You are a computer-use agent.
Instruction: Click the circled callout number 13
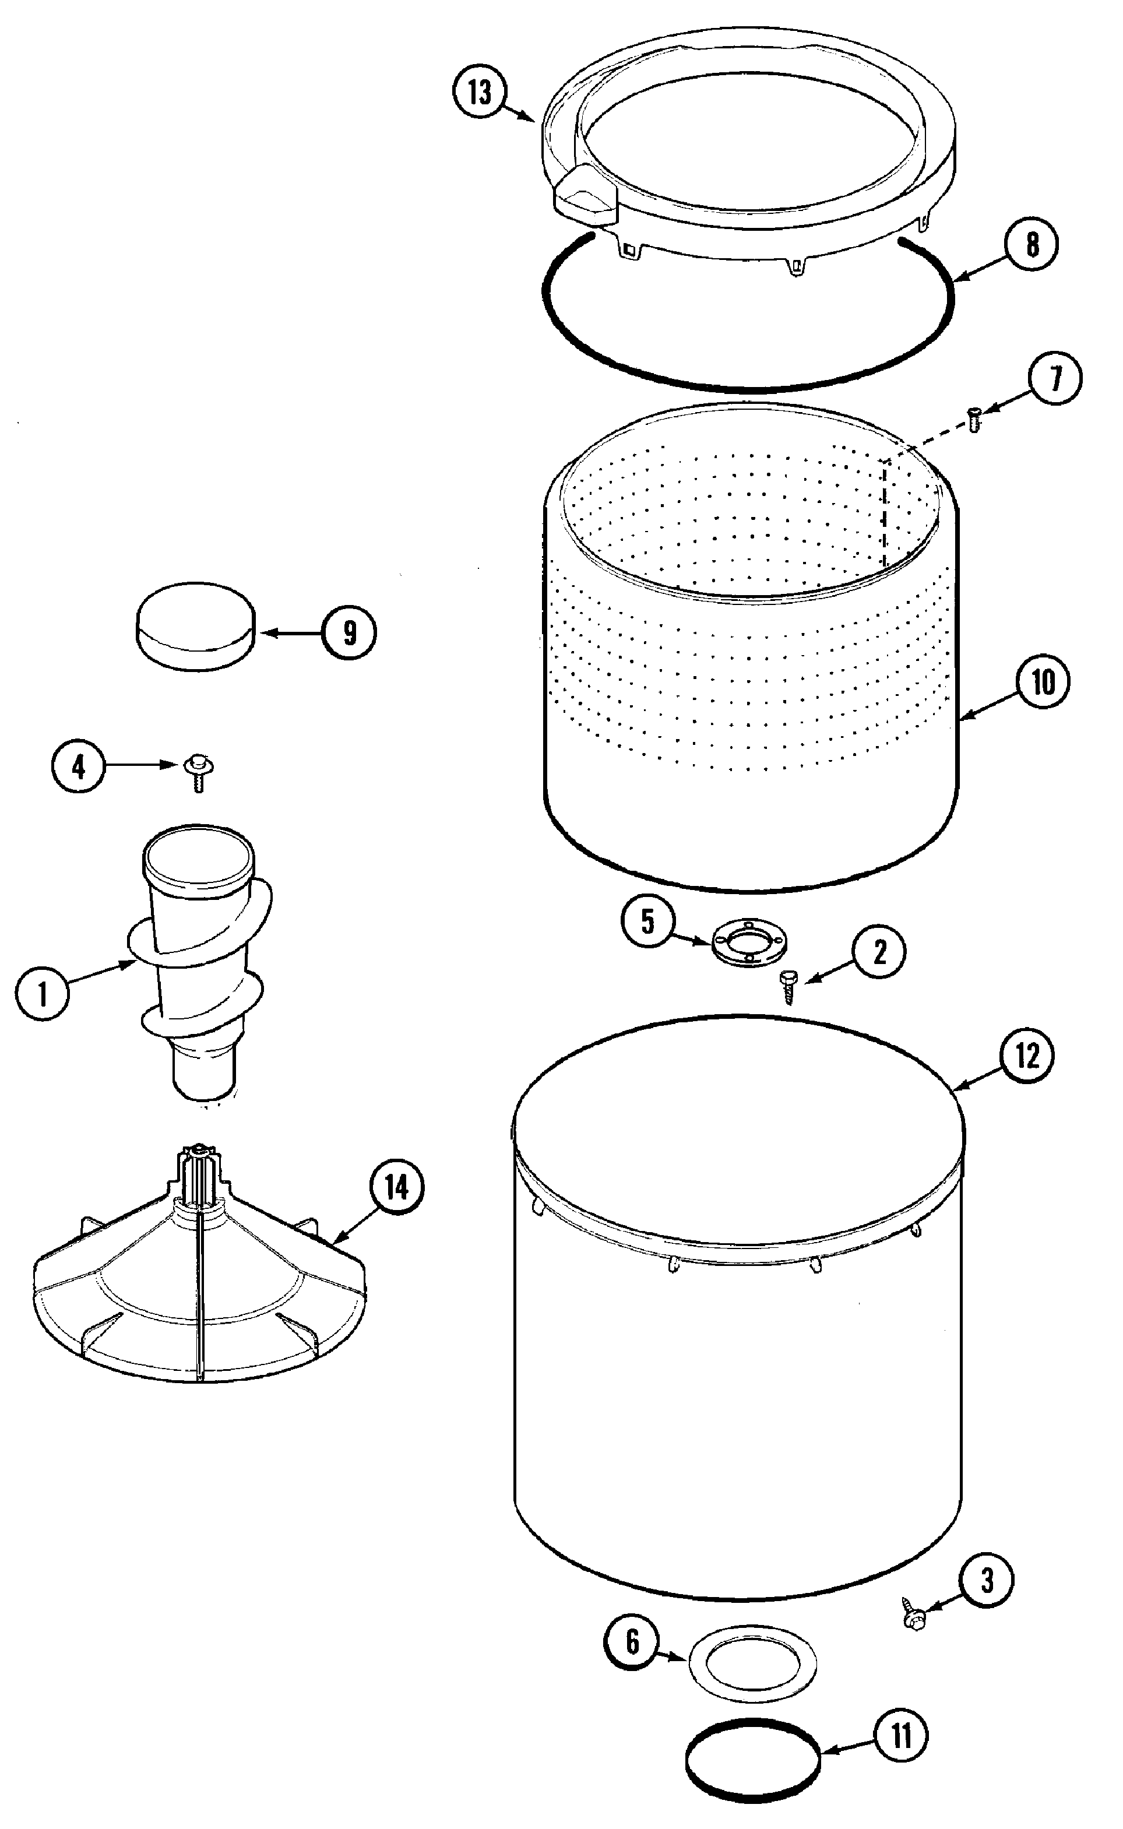click(480, 93)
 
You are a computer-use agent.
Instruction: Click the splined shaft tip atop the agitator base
click(197, 1156)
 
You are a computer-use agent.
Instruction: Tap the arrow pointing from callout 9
click(290, 634)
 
